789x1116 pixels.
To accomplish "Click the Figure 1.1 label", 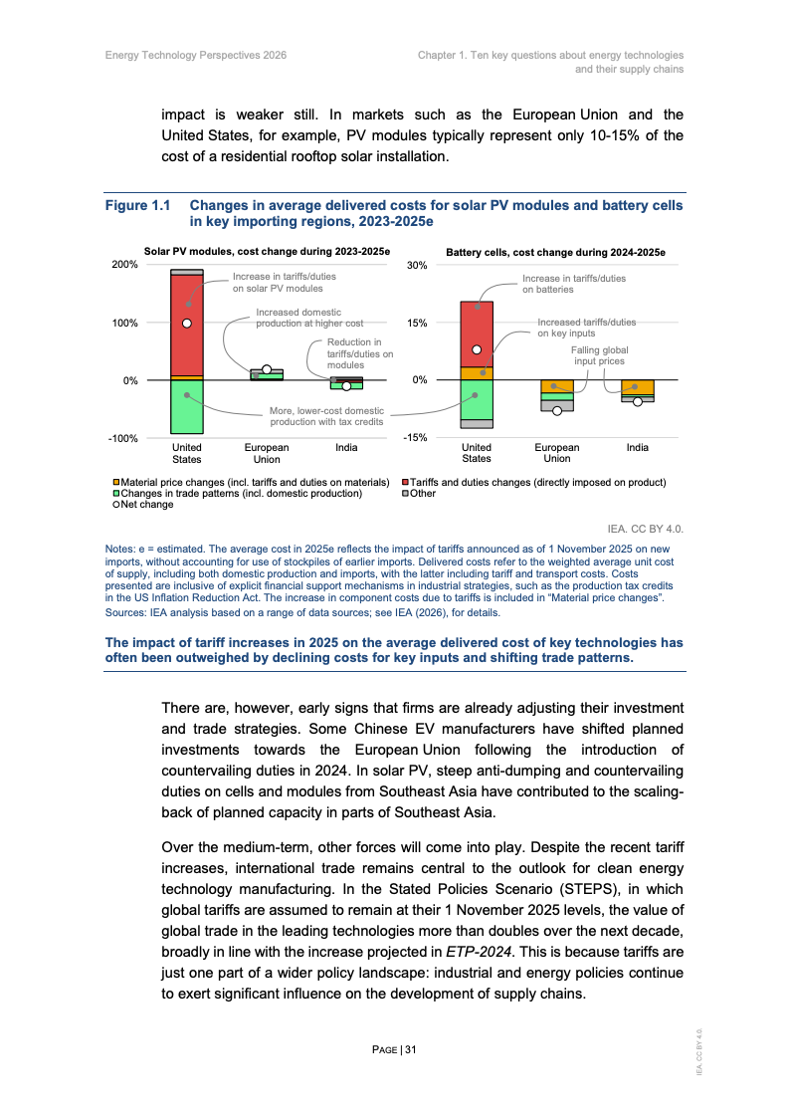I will click(x=137, y=206).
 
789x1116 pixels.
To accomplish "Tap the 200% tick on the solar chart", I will click(x=124, y=266).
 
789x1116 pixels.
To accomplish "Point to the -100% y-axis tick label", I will click(x=123, y=438).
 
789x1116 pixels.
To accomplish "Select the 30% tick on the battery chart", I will click(x=416, y=266).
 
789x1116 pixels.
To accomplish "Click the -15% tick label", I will click(x=415, y=438).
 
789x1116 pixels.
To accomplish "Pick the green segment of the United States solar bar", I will click(x=186, y=406).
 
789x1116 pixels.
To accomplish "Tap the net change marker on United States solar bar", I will click(x=186, y=323).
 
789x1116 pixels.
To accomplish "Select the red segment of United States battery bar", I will click(x=477, y=334).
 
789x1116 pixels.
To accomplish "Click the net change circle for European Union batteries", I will click(x=557, y=410).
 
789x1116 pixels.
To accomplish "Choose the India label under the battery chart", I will click(x=637, y=448).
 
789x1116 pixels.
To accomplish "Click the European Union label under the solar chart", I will click(x=267, y=454).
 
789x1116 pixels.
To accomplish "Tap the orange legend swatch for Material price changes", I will click(x=116, y=482).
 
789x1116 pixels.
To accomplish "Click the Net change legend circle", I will click(x=116, y=505).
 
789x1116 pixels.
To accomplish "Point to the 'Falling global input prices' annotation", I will click(x=599, y=356).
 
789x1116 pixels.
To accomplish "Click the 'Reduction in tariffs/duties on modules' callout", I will click(x=360, y=354).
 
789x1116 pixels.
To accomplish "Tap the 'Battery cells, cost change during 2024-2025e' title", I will click(x=555, y=253).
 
